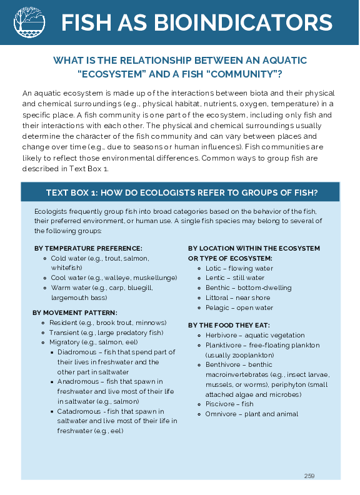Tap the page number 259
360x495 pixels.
click(309, 476)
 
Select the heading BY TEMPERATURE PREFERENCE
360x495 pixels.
click(88, 248)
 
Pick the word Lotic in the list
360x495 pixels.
click(214, 268)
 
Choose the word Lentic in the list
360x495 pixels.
click(216, 278)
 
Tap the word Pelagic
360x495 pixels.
click(217, 308)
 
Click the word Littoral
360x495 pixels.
click(217, 298)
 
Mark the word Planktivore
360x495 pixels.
click(223, 345)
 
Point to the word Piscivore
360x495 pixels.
click(220, 404)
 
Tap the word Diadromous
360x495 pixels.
click(76, 352)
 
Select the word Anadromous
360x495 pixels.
click(77, 381)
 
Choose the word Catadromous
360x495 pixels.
click(78, 411)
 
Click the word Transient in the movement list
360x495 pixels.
click(64, 332)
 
